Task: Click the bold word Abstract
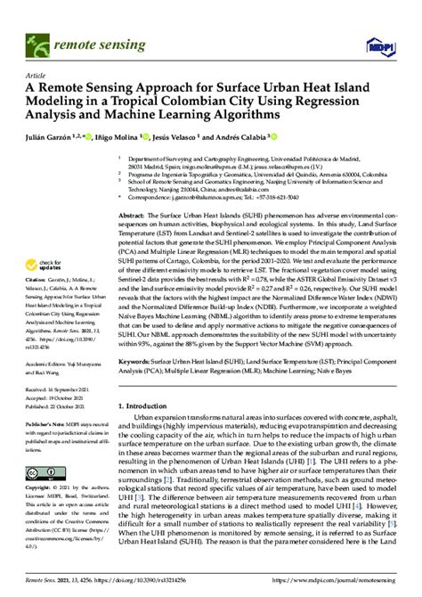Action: pyautogui.click(x=132, y=217)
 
